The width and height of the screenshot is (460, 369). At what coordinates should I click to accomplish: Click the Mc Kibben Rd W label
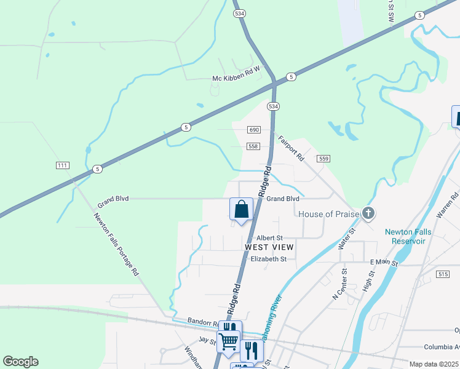(236, 78)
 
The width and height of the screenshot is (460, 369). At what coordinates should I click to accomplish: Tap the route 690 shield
(255, 130)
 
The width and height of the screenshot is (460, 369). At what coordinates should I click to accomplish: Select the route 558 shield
(255, 146)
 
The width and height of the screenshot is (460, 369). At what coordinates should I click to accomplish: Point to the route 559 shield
(324, 159)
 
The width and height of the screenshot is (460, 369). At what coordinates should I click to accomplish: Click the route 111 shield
(62, 165)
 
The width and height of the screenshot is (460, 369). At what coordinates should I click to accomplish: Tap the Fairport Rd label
(291, 148)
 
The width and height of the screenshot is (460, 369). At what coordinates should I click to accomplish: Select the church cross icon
(368, 213)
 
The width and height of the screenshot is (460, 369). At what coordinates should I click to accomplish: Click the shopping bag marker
(242, 209)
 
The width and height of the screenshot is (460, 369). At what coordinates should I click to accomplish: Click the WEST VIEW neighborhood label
(269, 247)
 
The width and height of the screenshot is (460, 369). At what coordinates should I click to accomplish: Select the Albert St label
(269, 237)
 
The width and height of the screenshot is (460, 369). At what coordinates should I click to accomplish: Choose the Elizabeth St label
(269, 259)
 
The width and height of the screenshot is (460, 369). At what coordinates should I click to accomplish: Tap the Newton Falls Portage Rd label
(116, 244)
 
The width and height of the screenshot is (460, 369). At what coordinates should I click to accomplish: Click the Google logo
(21, 362)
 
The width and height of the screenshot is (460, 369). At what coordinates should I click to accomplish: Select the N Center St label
(340, 284)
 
